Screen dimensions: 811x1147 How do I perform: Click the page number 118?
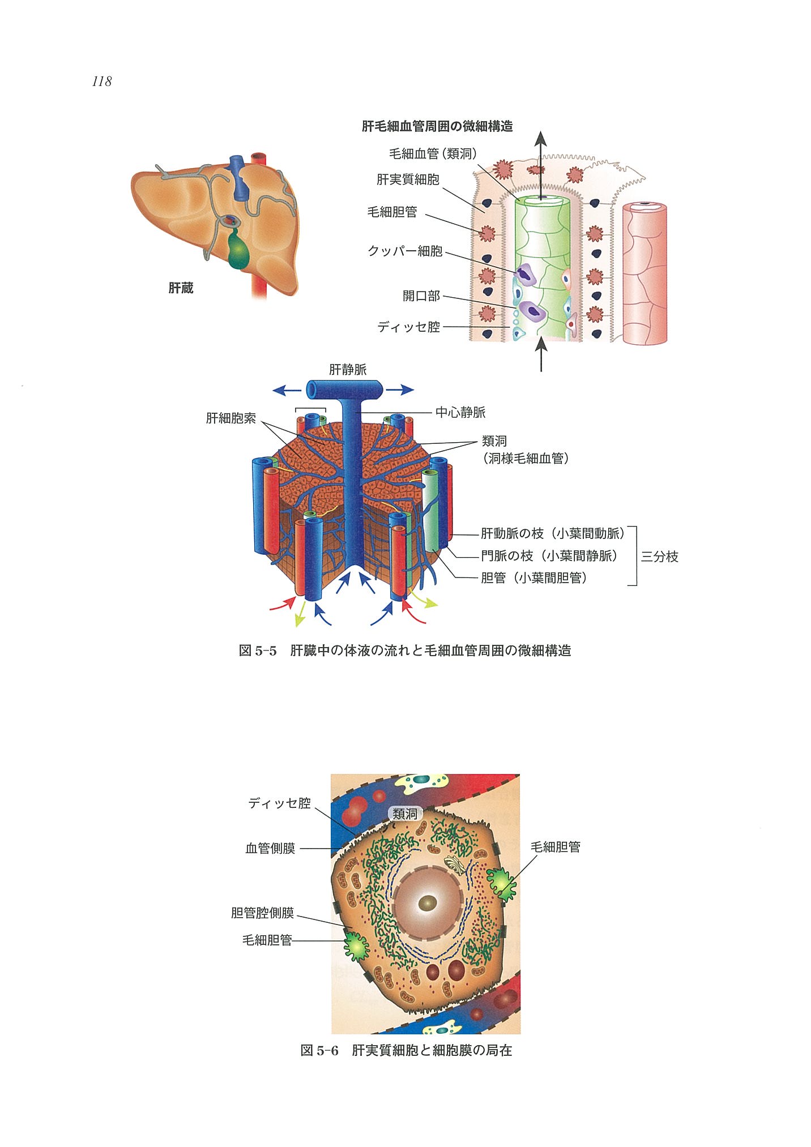pos(102,82)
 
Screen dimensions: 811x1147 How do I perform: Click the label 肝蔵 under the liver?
pos(181,288)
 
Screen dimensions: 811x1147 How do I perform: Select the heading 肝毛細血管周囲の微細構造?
pos(437,126)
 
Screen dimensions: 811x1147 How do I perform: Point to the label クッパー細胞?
pos(405,251)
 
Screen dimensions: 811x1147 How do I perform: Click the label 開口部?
pos(421,296)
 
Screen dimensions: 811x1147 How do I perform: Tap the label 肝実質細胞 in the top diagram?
pos(408,179)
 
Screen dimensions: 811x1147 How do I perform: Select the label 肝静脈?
pos(348,370)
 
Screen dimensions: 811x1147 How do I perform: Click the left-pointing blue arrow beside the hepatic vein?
pos(287,390)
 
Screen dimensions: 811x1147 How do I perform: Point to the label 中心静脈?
pos(460,412)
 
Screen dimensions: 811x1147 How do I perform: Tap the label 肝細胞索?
pos(231,418)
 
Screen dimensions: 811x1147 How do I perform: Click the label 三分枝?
pos(659,557)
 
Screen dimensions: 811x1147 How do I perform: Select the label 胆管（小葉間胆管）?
pos(533,578)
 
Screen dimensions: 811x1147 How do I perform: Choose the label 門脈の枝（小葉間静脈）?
pos(548,556)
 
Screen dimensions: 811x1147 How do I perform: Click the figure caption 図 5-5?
pos(258,650)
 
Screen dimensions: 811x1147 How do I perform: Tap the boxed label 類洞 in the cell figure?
pos(405,814)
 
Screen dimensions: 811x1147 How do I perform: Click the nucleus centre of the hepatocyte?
pos(428,903)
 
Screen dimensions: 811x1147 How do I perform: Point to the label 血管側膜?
pos(270,848)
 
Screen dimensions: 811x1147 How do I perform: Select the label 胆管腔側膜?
pos(263,913)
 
